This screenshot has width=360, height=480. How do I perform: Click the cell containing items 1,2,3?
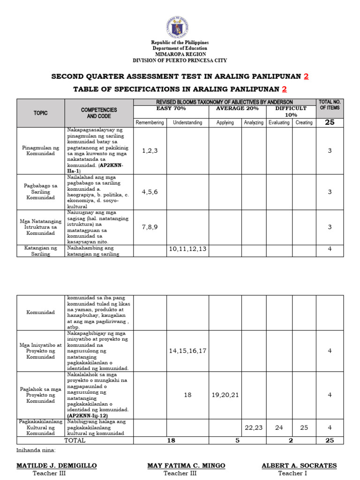click(150, 150)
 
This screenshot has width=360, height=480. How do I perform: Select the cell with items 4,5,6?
click(150, 192)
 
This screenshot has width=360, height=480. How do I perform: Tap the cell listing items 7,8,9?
click(150, 227)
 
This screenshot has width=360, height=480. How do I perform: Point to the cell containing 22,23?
click(254, 427)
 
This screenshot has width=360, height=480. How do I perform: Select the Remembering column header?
click(150, 122)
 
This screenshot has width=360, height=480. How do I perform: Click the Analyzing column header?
click(254, 122)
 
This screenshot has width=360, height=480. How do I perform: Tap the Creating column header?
click(304, 122)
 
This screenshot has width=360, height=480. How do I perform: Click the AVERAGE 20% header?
click(237, 108)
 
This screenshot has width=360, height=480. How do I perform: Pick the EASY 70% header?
click(171, 108)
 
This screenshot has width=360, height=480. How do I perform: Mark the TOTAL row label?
click(75, 441)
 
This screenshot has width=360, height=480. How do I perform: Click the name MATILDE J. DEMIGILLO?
click(57, 465)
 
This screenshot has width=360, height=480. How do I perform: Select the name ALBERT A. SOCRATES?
click(299, 465)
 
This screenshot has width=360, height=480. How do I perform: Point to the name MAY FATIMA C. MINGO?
click(186, 465)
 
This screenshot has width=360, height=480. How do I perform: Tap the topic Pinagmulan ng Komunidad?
click(41, 150)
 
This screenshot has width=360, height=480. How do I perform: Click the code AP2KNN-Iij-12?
click(87, 416)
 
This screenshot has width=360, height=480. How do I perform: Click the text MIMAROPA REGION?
click(180, 54)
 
